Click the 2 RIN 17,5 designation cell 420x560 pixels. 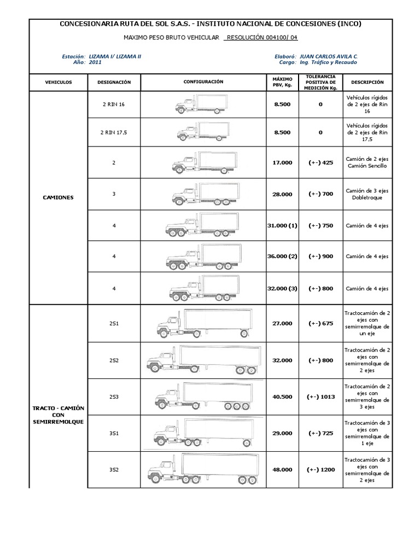click(113, 132)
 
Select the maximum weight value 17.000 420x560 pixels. click(282, 162)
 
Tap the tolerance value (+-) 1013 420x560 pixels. click(320, 396)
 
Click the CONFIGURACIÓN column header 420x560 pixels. click(203, 81)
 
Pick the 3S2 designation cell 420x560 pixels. click(113, 469)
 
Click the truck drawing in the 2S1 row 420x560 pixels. click(203, 323)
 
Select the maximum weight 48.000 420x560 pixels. click(282, 469)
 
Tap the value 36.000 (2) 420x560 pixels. click(282, 256)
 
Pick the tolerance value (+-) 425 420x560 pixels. click(320, 162)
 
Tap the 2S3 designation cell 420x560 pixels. click(113, 396)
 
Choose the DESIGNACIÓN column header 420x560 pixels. click(114, 82)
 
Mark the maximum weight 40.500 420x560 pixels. click(282, 396)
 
